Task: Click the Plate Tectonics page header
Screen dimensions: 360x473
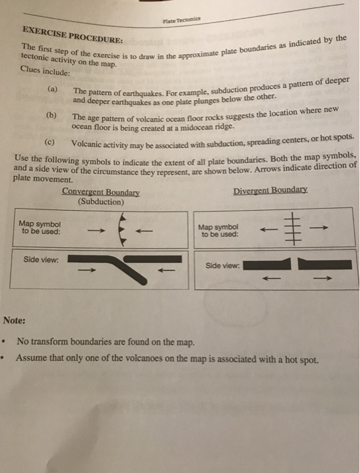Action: (x=182, y=20)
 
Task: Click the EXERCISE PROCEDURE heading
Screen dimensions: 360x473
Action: (x=73, y=34)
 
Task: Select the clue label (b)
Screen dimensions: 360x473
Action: (x=51, y=116)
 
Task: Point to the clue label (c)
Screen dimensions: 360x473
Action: (x=49, y=142)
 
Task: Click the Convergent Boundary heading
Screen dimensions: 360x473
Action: (x=101, y=192)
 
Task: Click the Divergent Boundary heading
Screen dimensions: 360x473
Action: (x=270, y=191)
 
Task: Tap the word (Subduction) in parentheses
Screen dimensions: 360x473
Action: (x=101, y=202)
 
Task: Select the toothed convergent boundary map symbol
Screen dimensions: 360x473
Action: (x=122, y=230)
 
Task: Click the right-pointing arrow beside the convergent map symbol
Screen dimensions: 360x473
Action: (x=96, y=231)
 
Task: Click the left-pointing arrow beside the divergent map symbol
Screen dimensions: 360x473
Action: (x=269, y=230)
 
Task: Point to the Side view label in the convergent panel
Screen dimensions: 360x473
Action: (x=41, y=259)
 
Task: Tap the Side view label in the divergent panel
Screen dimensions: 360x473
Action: (x=223, y=266)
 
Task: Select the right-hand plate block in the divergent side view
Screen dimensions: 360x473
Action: (x=325, y=264)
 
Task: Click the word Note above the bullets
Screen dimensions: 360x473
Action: (x=14, y=320)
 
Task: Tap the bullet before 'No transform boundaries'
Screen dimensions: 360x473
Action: (x=3, y=342)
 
